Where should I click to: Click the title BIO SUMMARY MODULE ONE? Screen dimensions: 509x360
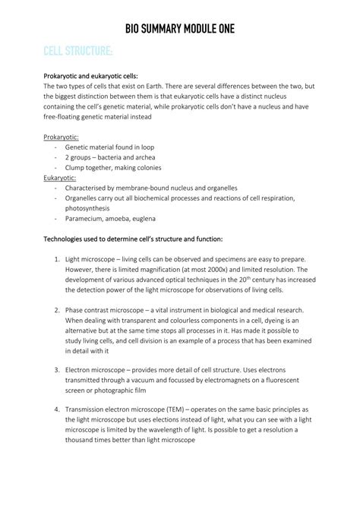tap(180, 29)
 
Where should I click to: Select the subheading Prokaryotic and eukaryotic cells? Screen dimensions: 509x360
tap(95, 77)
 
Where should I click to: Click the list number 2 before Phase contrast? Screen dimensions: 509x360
tap(56, 310)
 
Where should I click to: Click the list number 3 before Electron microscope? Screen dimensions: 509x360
tap(56, 368)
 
